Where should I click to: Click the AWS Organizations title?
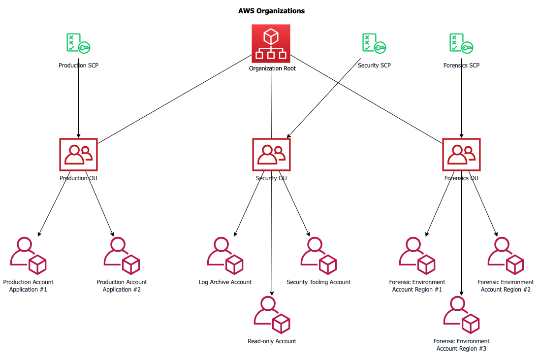pyautogui.click(x=271, y=11)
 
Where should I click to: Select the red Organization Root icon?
pyautogui.click(x=271, y=43)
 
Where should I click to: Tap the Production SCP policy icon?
pyautogui.click(x=78, y=43)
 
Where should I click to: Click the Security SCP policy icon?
pyautogui.click(x=374, y=43)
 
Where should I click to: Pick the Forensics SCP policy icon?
pyautogui.click(x=461, y=43)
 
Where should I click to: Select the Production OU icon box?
pyautogui.click(x=78, y=154)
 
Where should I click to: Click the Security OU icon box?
pyautogui.click(x=271, y=154)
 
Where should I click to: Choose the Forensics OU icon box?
pyautogui.click(x=461, y=154)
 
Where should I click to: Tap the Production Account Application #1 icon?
pyautogui.click(x=29, y=256)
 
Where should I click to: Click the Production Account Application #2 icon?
pyautogui.click(x=122, y=256)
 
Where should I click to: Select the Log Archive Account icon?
pyautogui.click(x=225, y=256)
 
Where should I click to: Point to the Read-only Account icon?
pyautogui.click(x=272, y=315)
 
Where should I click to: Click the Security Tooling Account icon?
pyautogui.click(x=318, y=256)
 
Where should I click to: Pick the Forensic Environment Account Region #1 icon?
pyautogui.click(x=417, y=256)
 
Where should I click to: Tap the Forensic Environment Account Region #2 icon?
pyautogui.click(x=506, y=256)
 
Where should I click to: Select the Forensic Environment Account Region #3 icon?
pyautogui.click(x=461, y=315)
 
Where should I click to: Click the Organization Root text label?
pyautogui.click(x=272, y=68)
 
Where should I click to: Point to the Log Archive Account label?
pyautogui.click(x=225, y=282)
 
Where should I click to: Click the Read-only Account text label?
pyautogui.click(x=272, y=341)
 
